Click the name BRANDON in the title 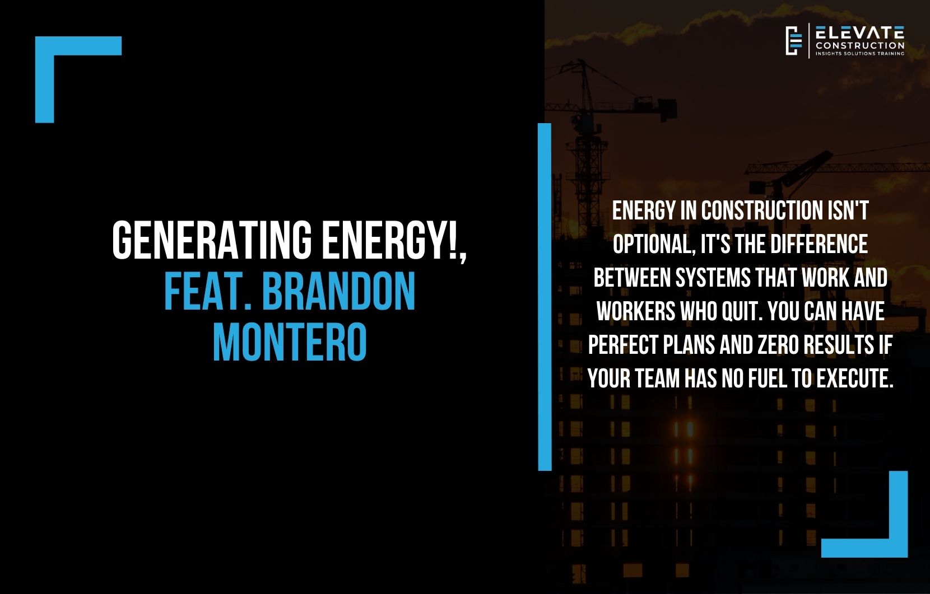(x=339, y=292)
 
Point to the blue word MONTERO (x=290, y=342)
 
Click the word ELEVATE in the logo (x=859, y=32)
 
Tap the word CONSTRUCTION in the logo (x=859, y=45)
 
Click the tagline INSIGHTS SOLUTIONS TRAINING (x=859, y=54)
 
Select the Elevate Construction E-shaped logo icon (x=794, y=41)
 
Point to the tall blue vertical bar (x=545, y=297)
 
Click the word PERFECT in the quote (x=624, y=345)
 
